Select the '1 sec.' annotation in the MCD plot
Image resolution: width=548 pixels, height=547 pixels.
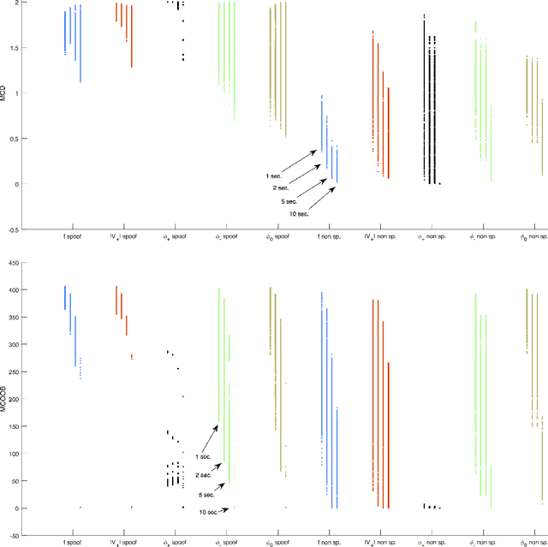pyautogui.click(x=274, y=175)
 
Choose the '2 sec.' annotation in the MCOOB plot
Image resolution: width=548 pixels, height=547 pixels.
pyautogui.click(x=203, y=474)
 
